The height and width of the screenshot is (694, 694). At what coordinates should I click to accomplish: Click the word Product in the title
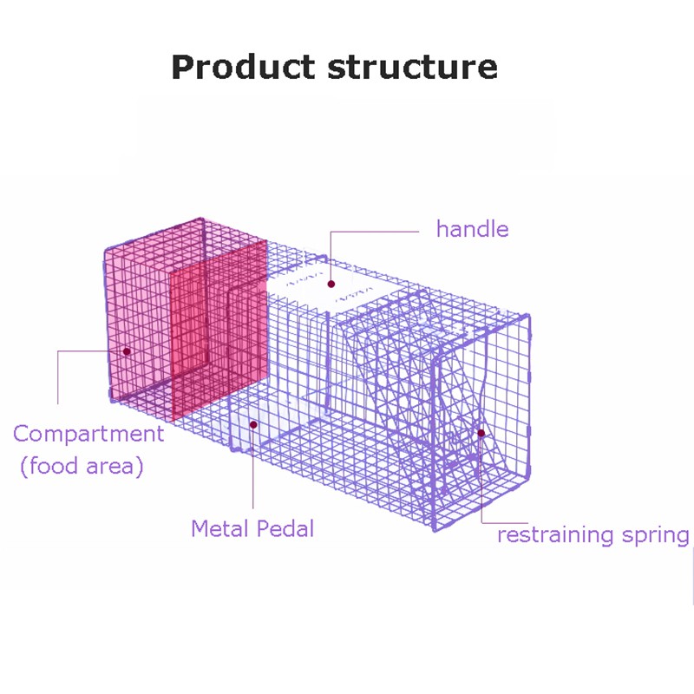coord(243,68)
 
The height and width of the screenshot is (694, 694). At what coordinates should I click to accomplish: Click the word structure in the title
coord(413,68)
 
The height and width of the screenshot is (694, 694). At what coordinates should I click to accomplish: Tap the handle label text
coord(472,229)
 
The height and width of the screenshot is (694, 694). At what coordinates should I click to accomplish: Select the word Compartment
coord(88,434)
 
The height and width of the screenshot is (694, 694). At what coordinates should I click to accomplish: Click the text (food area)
coord(82,466)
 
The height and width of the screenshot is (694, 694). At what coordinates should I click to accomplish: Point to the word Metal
coord(219,528)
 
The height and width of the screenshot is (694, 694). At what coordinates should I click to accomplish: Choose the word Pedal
coord(285,528)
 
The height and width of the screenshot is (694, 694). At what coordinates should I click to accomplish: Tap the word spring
coord(656,536)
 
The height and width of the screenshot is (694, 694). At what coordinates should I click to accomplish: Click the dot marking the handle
coord(331,284)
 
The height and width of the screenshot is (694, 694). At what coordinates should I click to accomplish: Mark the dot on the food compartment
coord(127,351)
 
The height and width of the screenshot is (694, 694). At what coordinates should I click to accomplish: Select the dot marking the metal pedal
coord(253,425)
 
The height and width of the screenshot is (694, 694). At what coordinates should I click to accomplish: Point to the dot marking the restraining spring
coord(481,433)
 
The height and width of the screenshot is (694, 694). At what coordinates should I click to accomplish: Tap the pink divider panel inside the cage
coord(219,330)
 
